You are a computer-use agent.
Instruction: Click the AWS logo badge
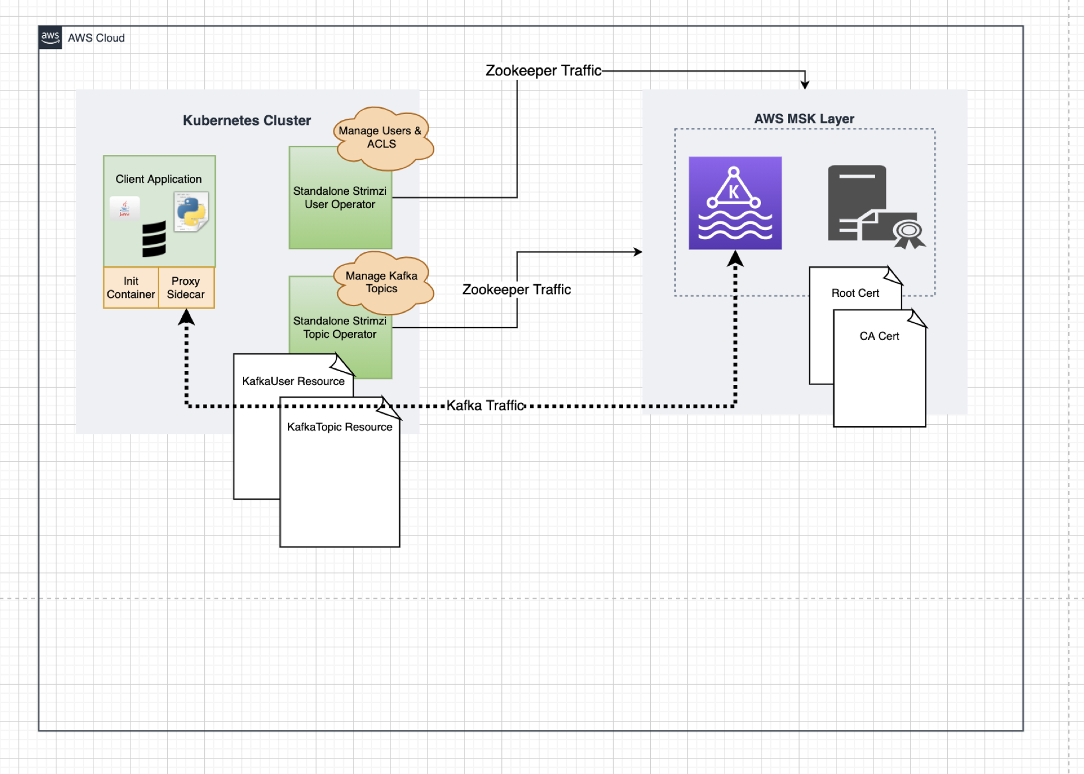pos(50,37)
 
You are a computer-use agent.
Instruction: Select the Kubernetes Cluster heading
pos(247,120)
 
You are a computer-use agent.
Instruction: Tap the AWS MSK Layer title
pos(804,119)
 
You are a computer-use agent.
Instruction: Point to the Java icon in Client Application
pos(125,208)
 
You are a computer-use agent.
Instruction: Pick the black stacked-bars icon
pos(154,239)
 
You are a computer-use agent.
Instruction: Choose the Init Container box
pos(131,288)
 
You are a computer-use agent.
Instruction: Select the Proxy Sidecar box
pos(186,288)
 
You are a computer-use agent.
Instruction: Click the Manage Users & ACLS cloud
pos(382,138)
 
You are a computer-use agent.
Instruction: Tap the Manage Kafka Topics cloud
pos(383,282)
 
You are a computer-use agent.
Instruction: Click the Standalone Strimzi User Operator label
pos(340,198)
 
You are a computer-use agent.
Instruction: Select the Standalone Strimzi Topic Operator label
pos(340,327)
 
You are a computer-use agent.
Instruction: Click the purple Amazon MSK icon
pos(735,203)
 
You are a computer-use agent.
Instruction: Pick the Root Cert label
pos(855,293)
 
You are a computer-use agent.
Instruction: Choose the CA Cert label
pos(879,336)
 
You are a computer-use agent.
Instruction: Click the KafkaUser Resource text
pos(293,381)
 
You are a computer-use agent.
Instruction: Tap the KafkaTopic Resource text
pos(340,427)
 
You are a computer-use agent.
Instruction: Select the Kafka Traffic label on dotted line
pos(485,406)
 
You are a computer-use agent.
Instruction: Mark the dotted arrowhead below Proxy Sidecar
pos(186,317)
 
